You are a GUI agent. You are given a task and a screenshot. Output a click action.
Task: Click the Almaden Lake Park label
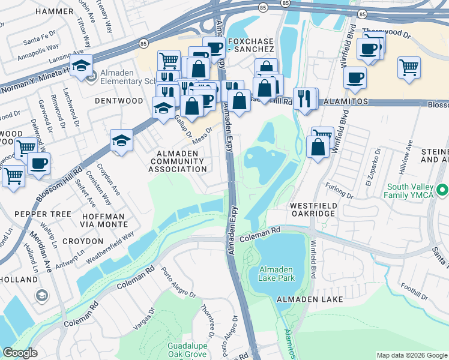(276, 274)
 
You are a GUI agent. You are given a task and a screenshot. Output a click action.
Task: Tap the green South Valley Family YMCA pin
(443, 191)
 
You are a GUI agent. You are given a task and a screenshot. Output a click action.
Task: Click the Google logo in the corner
(20, 353)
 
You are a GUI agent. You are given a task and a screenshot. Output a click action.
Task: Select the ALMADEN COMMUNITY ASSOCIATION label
(181, 161)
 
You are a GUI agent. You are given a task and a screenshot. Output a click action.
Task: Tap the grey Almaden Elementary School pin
(92, 77)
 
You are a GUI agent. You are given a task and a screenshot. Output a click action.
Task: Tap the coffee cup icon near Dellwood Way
(38, 163)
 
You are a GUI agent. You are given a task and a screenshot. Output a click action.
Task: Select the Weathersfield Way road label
(110, 248)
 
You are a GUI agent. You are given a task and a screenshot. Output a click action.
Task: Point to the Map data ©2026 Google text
(411, 355)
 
